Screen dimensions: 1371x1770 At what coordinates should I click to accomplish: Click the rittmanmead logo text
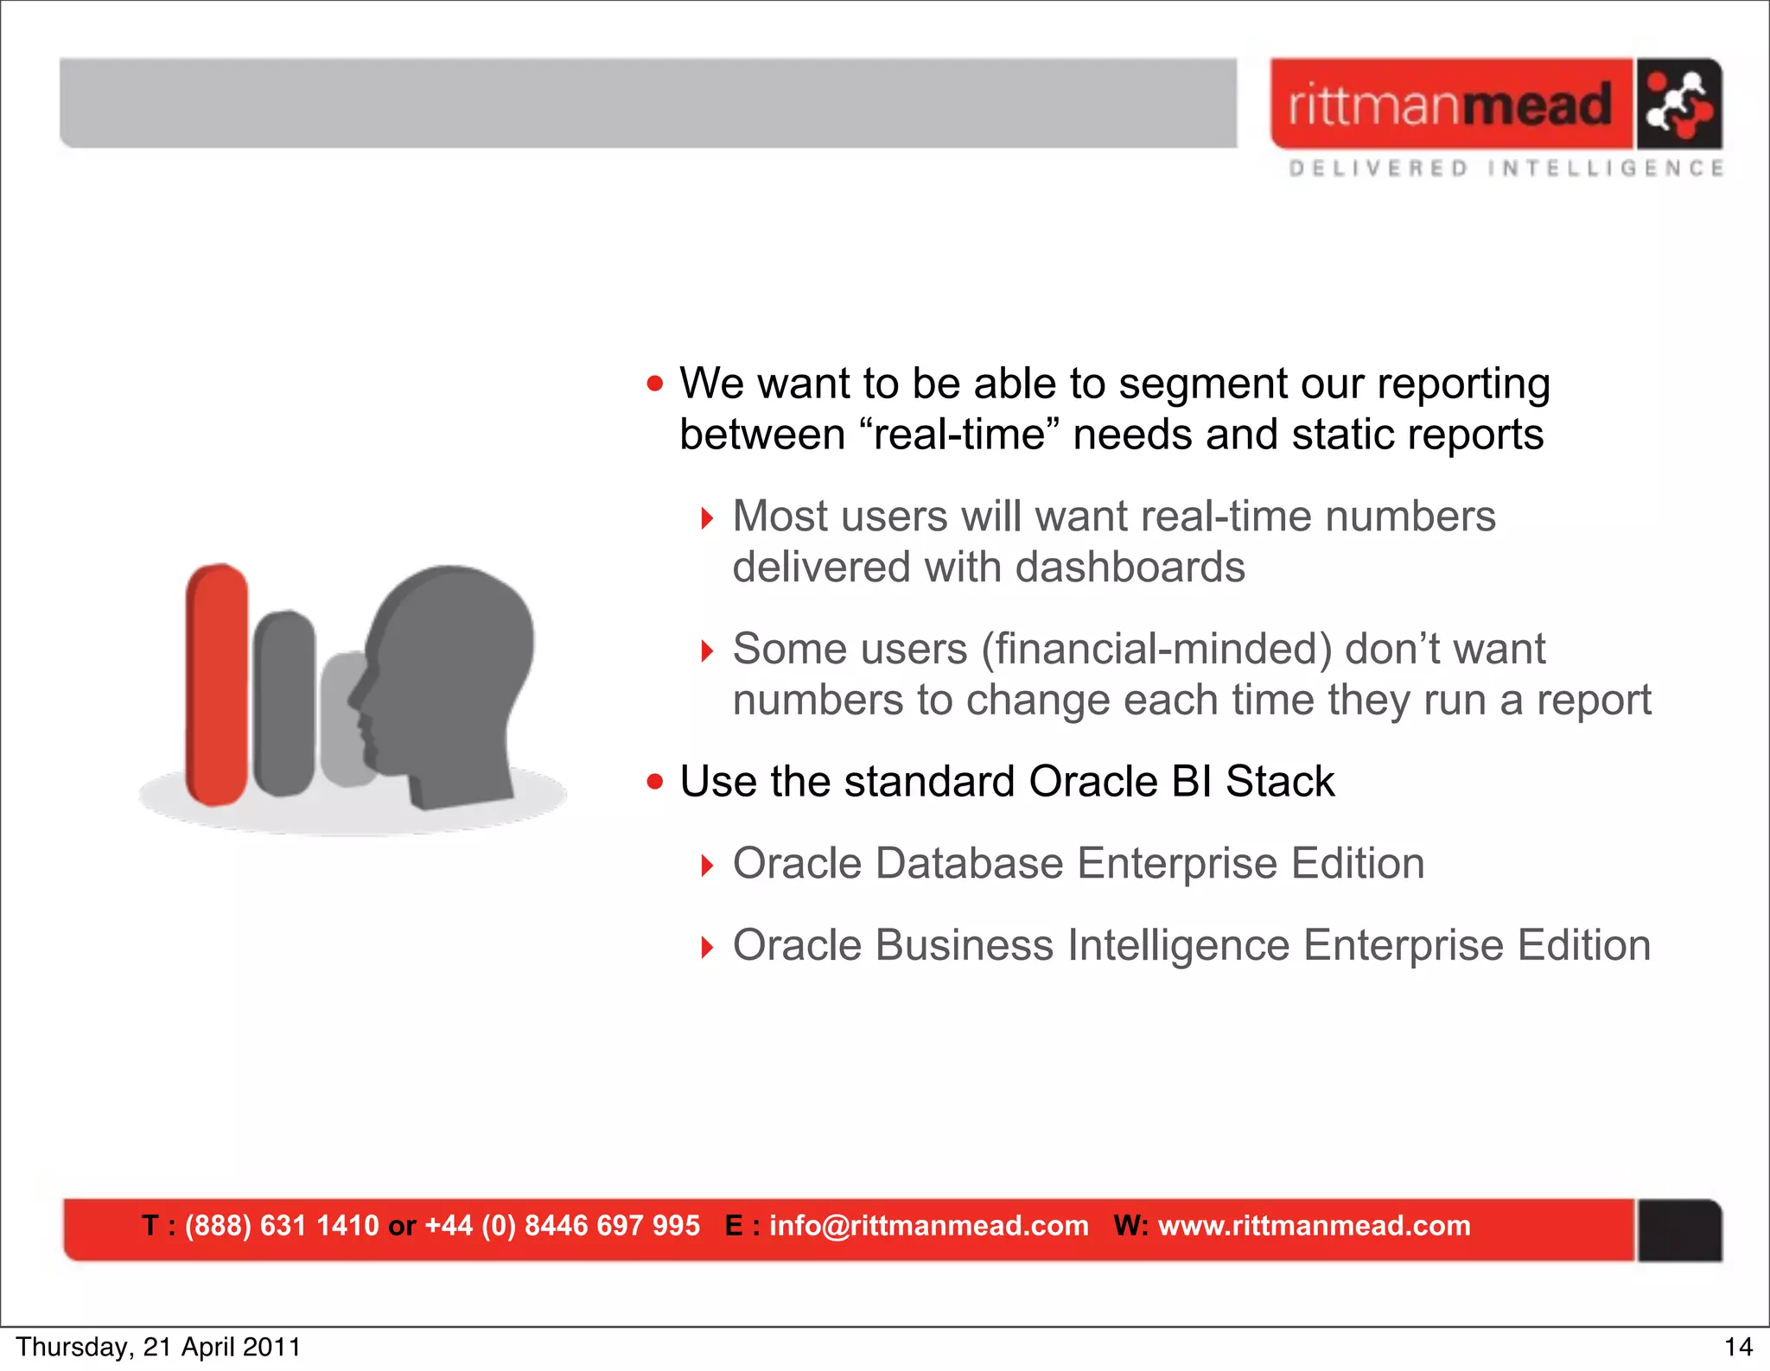[x=1450, y=105]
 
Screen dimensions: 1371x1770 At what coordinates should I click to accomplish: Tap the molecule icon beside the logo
[x=1678, y=105]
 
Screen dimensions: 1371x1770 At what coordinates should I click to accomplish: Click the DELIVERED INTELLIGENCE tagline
[x=1506, y=168]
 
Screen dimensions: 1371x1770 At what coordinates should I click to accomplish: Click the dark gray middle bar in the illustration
[x=284, y=703]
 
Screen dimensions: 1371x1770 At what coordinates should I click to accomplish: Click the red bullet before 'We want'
[x=655, y=384]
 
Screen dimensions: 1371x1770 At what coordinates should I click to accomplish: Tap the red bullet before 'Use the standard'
[x=655, y=782]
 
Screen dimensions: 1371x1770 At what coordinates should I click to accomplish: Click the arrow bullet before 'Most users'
[x=707, y=518]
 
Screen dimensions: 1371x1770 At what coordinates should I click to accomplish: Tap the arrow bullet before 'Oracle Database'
[x=707, y=865]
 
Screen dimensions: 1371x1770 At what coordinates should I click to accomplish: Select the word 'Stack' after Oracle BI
[x=1279, y=782]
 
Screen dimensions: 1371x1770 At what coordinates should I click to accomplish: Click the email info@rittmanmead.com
[x=928, y=1226]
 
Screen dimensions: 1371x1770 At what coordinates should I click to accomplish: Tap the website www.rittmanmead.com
[x=1314, y=1226]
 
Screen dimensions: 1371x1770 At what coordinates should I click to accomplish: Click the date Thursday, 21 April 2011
[x=158, y=1348]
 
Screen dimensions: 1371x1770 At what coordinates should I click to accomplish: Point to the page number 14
[x=1738, y=1348]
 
